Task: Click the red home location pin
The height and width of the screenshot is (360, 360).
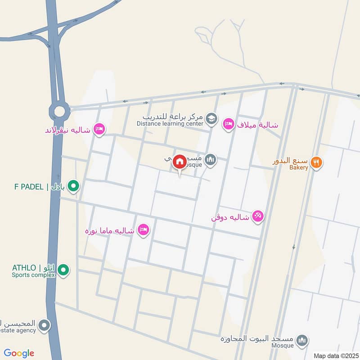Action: point(180,162)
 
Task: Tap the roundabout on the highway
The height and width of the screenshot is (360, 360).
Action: point(59,109)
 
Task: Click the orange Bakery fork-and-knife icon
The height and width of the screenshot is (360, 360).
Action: point(317,162)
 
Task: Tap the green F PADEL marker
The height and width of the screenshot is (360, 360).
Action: point(75,185)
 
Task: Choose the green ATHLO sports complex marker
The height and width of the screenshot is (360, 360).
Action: point(64,270)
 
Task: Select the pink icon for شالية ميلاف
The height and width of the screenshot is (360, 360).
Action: point(229,124)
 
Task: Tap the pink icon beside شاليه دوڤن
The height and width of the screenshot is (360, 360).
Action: point(257,216)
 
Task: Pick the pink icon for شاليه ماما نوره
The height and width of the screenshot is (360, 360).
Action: point(144,229)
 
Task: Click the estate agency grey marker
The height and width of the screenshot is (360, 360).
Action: point(44,325)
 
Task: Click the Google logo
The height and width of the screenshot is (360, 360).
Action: point(19,353)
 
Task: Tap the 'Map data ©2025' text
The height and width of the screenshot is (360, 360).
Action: point(335,355)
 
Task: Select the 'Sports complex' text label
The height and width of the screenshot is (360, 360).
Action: point(33,274)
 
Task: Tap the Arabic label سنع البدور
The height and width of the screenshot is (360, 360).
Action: point(290,161)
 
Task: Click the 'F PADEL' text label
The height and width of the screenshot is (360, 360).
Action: point(29,186)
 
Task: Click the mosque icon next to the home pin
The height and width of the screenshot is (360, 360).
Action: point(210,159)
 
